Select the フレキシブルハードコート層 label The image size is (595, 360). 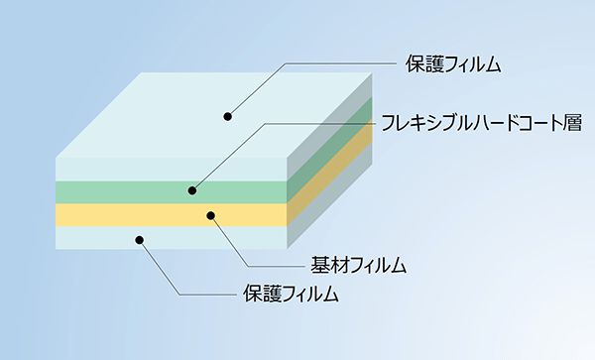[480, 124]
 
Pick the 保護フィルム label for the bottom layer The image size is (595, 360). [291, 295]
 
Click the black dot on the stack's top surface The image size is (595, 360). [227, 116]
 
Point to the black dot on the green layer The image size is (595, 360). [192, 189]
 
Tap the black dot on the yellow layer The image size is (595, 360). [210, 214]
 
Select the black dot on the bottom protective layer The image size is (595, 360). [140, 239]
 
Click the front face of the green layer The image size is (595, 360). [119, 191]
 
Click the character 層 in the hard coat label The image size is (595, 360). [570, 124]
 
